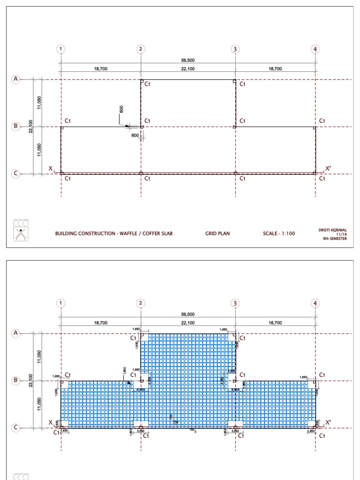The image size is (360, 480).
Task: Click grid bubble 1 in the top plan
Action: [x=61, y=49]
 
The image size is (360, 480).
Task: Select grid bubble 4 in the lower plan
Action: [x=315, y=303]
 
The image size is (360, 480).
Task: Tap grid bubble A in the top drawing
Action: [x=15, y=79]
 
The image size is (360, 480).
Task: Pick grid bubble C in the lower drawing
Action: [x=15, y=427]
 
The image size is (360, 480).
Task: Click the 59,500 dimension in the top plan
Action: [x=188, y=60]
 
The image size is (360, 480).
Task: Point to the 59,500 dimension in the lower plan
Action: [x=188, y=315]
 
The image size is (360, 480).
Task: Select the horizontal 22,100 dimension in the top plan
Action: [x=188, y=69]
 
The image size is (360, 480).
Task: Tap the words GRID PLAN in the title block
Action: [x=217, y=233]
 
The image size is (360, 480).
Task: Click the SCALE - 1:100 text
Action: [x=279, y=233]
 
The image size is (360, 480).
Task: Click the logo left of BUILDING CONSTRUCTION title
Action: [x=21, y=230]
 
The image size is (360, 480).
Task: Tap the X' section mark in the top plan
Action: [x=328, y=168]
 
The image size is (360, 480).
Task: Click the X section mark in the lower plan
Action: [x=51, y=422]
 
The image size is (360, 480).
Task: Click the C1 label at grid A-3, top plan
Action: [x=242, y=84]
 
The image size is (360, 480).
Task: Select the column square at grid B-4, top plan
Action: [x=315, y=127]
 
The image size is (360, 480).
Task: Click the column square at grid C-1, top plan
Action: [x=61, y=173]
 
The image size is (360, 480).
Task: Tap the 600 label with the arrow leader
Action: [x=121, y=109]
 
